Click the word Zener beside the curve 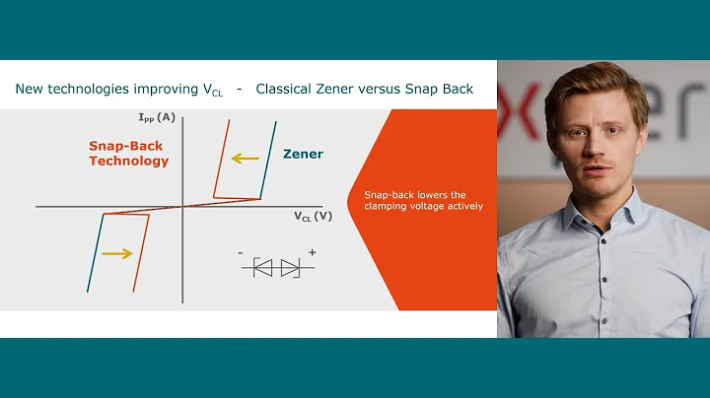point(303,154)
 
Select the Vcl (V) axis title point(313,215)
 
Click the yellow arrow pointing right point(116,253)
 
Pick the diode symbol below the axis point(277,267)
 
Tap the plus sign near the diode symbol point(312,253)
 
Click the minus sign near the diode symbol point(241,254)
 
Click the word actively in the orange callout point(461,207)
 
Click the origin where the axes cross point(183,207)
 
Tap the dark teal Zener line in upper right point(268,158)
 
